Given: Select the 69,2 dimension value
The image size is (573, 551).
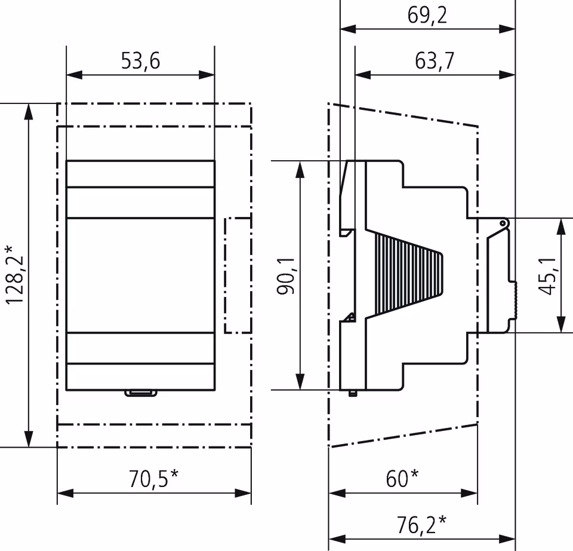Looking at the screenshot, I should coord(427,16).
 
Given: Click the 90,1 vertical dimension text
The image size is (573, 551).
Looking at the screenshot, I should coord(286,275).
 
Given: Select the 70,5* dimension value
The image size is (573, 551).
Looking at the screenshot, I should coord(153,478).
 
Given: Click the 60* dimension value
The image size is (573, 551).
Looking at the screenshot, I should coord(402,478).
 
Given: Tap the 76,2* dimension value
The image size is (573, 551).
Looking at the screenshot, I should coord(422,524).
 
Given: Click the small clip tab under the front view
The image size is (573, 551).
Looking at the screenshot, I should coord(140,393).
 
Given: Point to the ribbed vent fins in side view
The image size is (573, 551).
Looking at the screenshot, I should coord(406,275).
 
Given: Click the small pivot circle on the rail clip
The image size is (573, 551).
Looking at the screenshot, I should coord(503,224).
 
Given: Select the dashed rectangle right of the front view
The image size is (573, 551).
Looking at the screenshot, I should coord(238,275).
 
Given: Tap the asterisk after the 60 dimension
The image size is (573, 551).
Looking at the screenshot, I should coord(414,475).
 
